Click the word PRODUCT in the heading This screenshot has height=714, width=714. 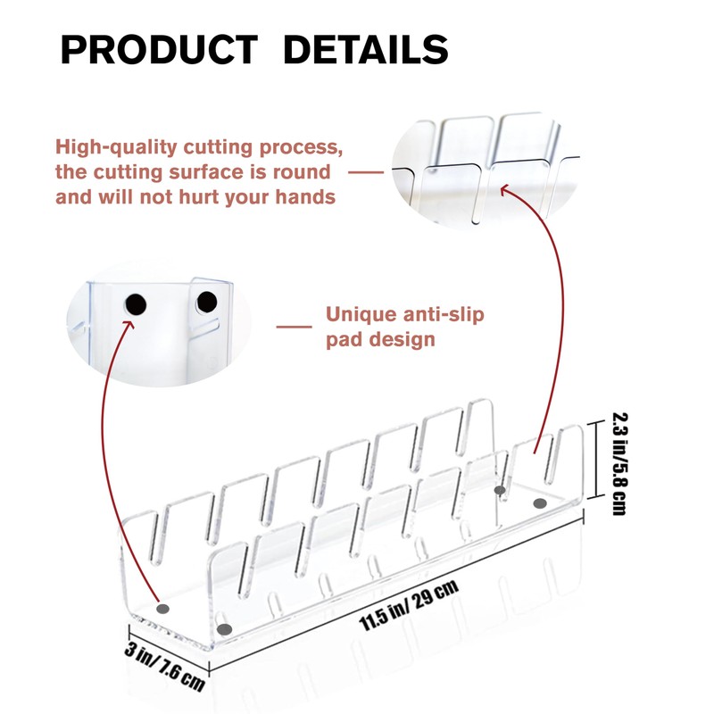click(x=159, y=50)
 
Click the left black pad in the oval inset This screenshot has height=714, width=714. click(x=136, y=306)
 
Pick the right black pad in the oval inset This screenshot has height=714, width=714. click(x=206, y=303)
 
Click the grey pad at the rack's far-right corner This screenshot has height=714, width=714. click(x=539, y=504)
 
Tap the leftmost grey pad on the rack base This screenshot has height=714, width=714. click(x=162, y=609)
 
